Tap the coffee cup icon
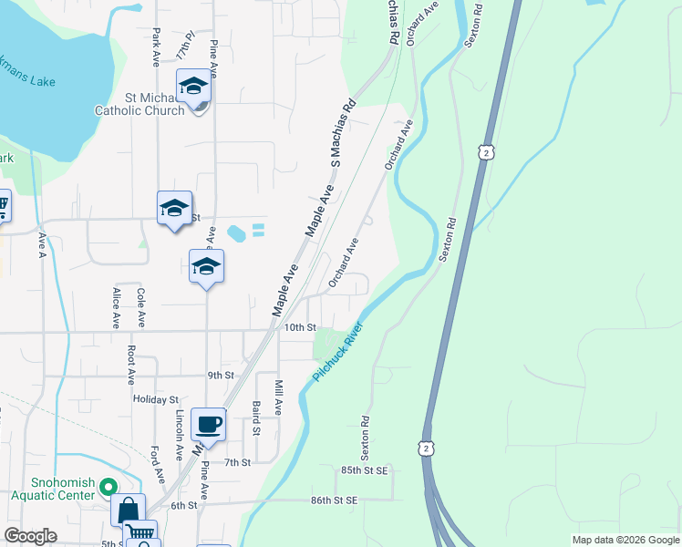coord(209,424)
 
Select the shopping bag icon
coord(129,511)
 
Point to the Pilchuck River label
coord(337,352)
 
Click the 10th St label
coord(299,327)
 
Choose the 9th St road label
coord(221,375)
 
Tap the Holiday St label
coord(155,399)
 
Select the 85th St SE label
coord(365,470)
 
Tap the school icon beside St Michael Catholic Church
coord(193,88)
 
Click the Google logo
coord(30,536)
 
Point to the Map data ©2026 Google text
coord(625,540)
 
